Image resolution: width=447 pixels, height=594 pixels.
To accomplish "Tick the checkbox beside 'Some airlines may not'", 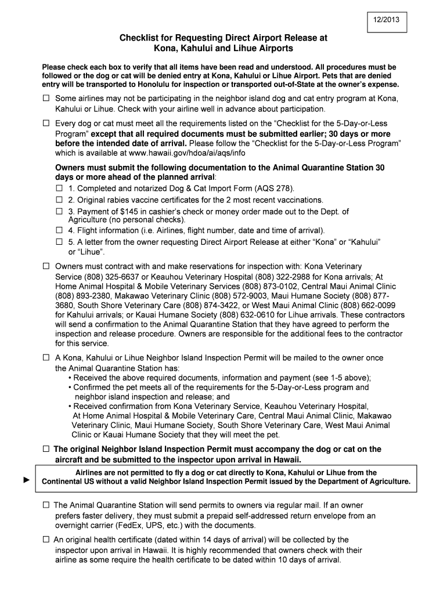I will [x=46, y=99].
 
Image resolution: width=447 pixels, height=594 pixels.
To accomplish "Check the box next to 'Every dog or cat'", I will [x=46, y=124].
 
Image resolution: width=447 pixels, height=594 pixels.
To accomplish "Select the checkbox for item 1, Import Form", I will [x=59, y=189].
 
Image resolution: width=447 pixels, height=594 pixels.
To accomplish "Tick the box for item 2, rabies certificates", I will [x=59, y=200].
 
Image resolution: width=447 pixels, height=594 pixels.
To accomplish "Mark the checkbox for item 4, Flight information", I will [x=59, y=230].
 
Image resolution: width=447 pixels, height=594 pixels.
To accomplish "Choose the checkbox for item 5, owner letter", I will [x=59, y=242].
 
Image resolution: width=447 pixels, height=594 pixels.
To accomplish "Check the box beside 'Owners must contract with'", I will [x=46, y=266].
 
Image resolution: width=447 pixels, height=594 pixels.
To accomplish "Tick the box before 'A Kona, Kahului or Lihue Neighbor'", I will [x=46, y=358].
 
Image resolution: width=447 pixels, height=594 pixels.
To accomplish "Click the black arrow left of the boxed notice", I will [x=26, y=481].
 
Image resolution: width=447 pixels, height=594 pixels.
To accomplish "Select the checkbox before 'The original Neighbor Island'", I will [x=46, y=450].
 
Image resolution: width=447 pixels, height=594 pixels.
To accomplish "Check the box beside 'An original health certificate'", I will [x=46, y=539].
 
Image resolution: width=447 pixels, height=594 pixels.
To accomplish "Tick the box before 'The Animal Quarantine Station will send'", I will [x=46, y=505].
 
